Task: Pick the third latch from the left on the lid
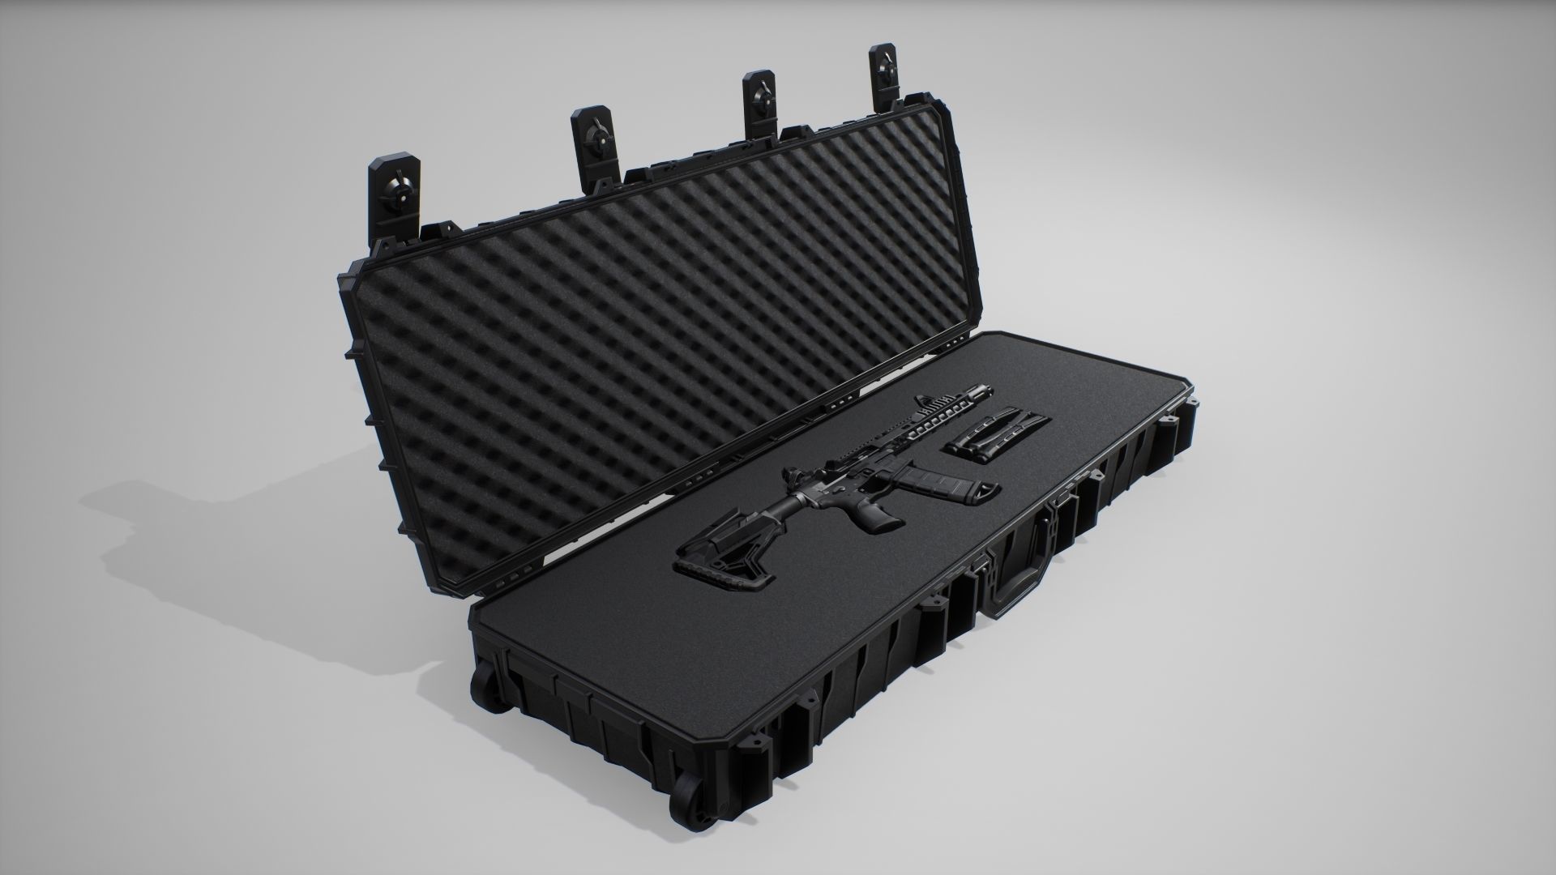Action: (762, 101)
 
